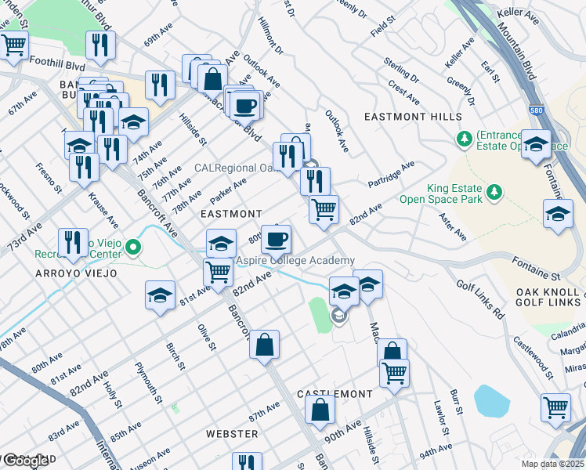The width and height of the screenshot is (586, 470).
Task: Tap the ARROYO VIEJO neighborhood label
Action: (75, 273)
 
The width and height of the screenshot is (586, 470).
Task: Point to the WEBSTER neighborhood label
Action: (232, 433)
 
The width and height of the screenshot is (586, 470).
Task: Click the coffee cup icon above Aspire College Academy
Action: (275, 237)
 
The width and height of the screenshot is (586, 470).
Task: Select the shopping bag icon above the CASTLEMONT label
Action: (320, 409)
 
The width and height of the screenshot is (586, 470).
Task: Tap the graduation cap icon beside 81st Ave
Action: (160, 295)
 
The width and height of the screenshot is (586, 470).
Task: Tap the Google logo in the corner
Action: (25, 461)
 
